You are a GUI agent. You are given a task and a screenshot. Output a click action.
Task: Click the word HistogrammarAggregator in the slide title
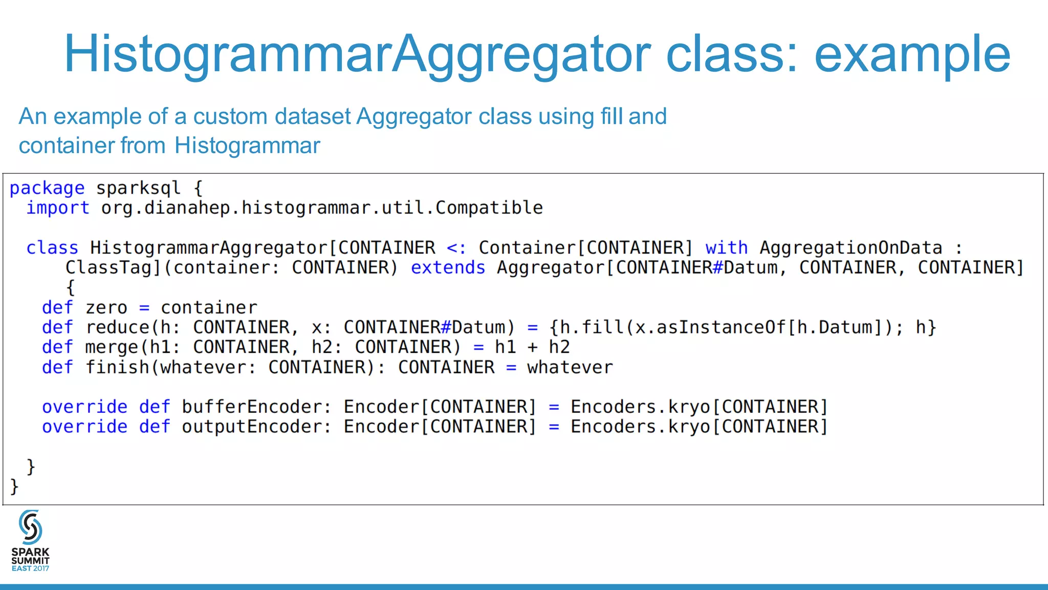tap(357, 54)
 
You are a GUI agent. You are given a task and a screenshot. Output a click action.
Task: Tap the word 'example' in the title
tap(912, 54)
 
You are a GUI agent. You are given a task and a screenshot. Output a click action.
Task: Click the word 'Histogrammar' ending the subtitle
tap(247, 145)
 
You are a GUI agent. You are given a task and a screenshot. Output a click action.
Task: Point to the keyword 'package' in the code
tap(47, 188)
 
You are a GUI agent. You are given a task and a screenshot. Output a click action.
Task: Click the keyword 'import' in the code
tap(58, 208)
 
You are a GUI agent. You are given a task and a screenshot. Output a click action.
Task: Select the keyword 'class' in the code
tap(52, 248)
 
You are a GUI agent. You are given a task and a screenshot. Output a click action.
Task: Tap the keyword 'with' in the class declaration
tap(726, 248)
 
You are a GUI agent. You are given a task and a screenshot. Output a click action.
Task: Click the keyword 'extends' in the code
tap(448, 267)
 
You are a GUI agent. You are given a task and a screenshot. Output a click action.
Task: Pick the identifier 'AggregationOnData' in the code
tap(850, 248)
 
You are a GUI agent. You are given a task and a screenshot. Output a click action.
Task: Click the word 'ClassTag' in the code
tap(109, 267)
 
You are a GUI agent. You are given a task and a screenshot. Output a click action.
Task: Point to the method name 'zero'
tap(106, 307)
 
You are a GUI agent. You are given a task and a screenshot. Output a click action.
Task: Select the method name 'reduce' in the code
tap(117, 327)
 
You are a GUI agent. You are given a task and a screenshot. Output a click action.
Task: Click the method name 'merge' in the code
tap(112, 347)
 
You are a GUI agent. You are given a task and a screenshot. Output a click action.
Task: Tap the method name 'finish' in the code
tap(117, 367)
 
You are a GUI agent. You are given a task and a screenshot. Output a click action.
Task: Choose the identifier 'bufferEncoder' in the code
tap(252, 407)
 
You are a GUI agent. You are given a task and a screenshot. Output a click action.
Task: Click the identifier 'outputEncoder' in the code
tap(252, 427)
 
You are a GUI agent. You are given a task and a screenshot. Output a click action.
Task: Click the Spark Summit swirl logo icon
tap(30, 527)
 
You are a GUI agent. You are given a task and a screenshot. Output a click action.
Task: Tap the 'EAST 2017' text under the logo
tap(30, 568)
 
